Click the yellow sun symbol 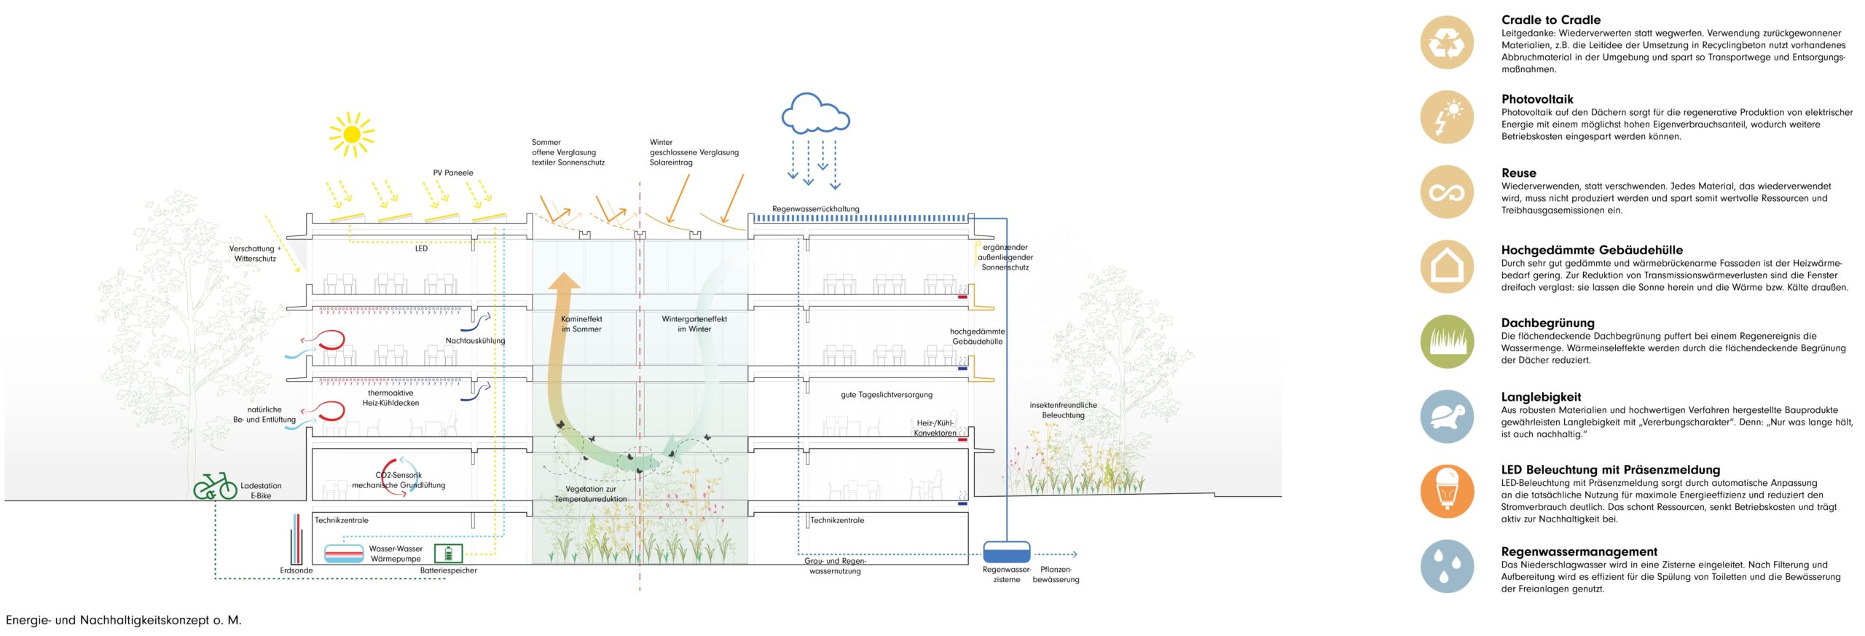352,134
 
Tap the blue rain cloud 815,114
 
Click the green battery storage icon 448,554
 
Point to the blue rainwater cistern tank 1006,551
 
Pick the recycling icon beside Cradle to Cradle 1447,43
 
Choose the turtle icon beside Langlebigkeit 1447,417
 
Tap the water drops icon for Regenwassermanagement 1447,566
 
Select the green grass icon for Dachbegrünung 1447,342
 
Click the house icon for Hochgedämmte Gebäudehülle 1447,267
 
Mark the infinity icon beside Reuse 1447,192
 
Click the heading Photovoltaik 1537,99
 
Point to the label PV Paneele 453,173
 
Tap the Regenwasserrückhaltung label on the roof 815,209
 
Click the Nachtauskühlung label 475,341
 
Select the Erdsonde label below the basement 297,570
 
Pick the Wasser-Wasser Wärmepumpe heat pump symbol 344,554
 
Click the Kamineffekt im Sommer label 581,324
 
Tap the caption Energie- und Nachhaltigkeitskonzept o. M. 124,620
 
